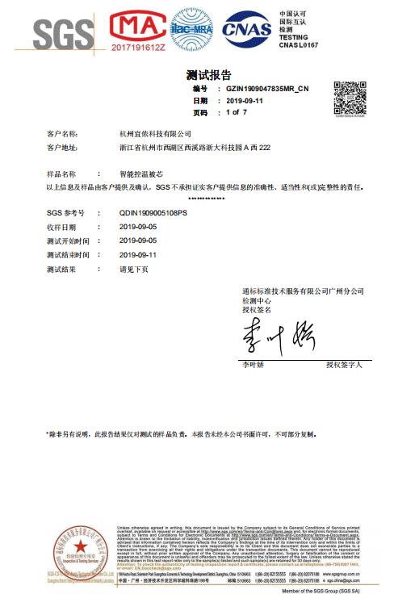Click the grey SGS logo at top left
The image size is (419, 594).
62,32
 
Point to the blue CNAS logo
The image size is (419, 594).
246,30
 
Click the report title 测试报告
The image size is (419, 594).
208,75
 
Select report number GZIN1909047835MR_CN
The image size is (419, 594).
267,89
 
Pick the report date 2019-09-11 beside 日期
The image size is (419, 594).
245,101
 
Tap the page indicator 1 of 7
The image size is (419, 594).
237,113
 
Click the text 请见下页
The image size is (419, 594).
133,269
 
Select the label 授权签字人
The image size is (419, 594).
344,366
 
